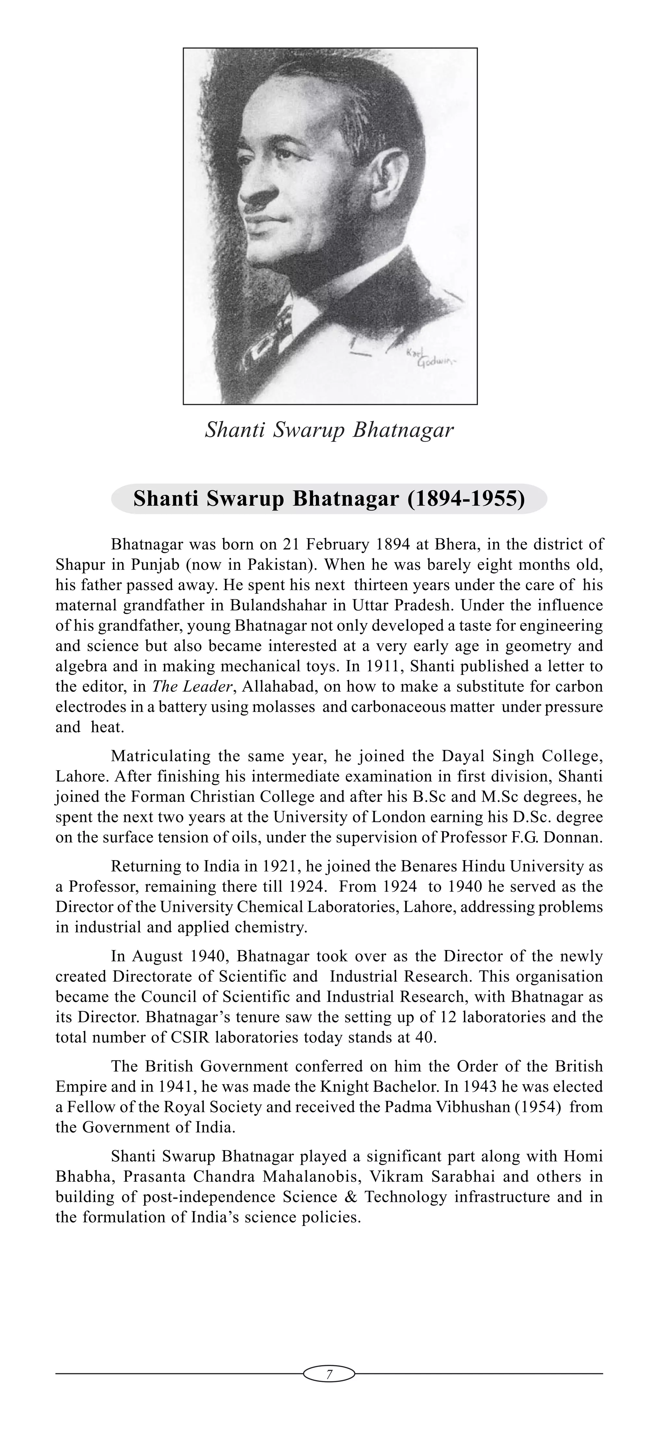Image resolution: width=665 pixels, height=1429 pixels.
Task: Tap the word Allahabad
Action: pyautogui.click(x=277, y=687)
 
